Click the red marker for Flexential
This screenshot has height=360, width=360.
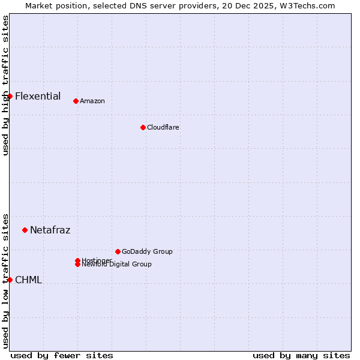tap(10, 96)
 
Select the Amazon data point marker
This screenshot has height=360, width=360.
tap(76, 101)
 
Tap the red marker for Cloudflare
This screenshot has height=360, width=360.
tap(143, 127)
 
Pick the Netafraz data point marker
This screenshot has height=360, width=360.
tap(25, 230)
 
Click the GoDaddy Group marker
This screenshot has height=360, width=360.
tap(118, 251)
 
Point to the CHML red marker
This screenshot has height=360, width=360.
tap(10, 280)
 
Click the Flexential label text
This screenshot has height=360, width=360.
tap(38, 96)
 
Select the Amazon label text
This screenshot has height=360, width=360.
tap(92, 101)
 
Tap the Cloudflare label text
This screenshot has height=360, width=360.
tap(163, 127)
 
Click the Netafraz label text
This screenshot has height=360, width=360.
tap(50, 230)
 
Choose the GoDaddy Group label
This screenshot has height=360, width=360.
tap(147, 251)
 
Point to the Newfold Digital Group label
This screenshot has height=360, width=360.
tap(117, 265)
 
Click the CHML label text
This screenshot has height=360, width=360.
tap(28, 280)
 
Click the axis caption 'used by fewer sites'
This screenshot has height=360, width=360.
tap(62, 355)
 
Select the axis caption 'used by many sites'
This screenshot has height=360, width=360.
tap(301, 355)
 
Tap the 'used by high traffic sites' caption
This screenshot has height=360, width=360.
tap(5, 85)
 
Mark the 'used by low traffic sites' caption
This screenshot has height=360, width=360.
tap(5, 280)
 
